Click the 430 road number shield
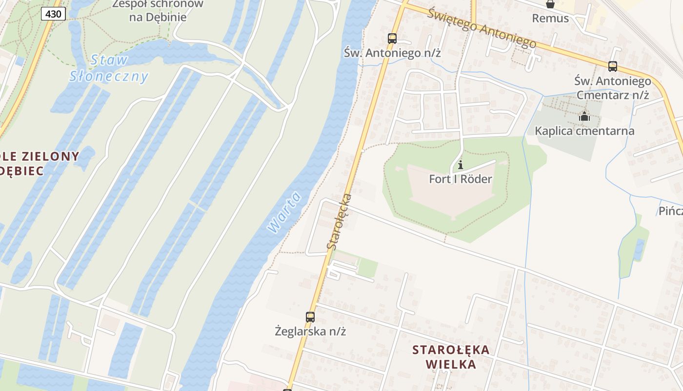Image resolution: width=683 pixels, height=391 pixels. [x=53, y=14]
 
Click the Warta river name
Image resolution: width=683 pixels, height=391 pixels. [x=284, y=213]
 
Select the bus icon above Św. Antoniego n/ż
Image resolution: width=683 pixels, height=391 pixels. [x=392, y=38]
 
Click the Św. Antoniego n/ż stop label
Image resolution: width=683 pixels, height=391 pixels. [x=392, y=53]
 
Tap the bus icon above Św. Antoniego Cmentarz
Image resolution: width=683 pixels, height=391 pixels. [x=612, y=66]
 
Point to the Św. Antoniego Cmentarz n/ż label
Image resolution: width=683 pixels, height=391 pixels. [x=613, y=87]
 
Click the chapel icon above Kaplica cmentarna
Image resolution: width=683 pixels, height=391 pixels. [x=584, y=116]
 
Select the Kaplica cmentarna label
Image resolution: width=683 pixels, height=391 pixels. [x=584, y=131]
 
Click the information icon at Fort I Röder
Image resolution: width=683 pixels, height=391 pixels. [x=460, y=165]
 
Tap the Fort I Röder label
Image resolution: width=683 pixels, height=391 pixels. [x=460, y=179]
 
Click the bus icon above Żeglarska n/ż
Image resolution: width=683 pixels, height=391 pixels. [x=310, y=317]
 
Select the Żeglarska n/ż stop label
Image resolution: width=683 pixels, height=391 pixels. [x=310, y=331]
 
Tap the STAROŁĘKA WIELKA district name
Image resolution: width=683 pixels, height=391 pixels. [x=450, y=357]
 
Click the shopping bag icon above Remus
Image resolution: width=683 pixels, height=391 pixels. [x=550, y=4]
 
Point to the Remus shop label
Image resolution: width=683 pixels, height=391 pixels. [x=550, y=19]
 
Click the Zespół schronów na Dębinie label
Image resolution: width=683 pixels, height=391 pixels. [x=158, y=11]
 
